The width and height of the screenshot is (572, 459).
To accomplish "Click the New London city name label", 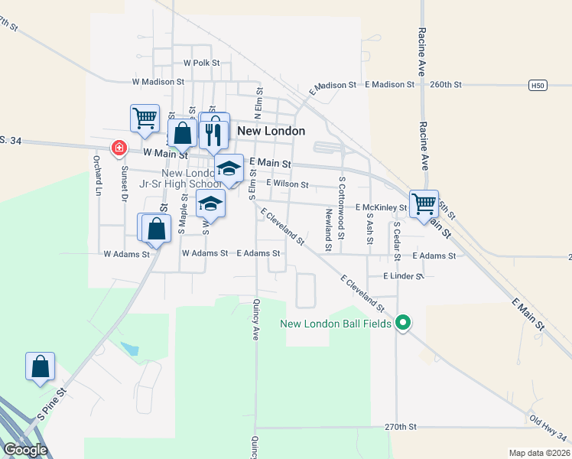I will [x=271, y=131].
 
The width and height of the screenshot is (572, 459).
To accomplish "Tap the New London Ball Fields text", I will [x=336, y=324].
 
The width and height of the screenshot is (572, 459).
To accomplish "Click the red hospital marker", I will [x=119, y=148].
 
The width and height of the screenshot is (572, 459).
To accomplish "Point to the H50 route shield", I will [x=538, y=86].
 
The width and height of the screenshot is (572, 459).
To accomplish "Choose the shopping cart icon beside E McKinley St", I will [x=424, y=204].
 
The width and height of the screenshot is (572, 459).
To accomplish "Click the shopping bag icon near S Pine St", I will [x=40, y=366].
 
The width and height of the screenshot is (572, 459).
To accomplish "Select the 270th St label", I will [x=401, y=426].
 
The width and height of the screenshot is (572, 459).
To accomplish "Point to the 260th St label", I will [x=447, y=84].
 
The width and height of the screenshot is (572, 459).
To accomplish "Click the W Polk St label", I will [x=201, y=63].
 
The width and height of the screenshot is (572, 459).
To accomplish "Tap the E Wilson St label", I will [x=287, y=184].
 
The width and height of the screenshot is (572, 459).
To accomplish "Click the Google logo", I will [x=25, y=450].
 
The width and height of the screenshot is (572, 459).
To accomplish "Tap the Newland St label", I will [x=328, y=229].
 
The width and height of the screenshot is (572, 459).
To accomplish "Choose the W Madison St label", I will [x=158, y=80].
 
